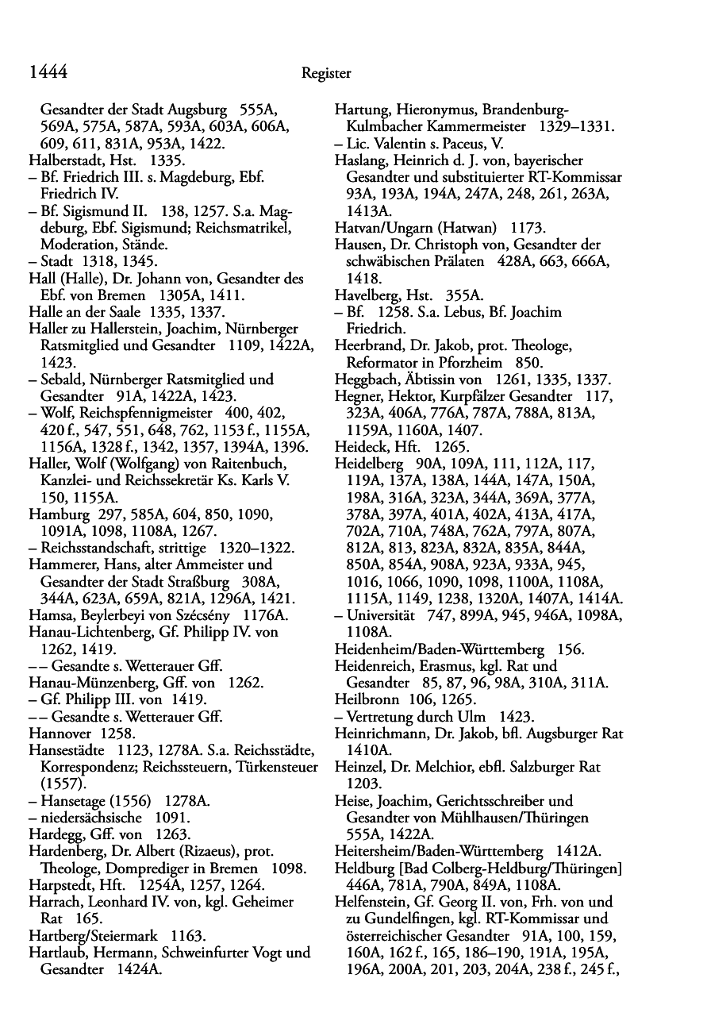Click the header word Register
tap(326, 74)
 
